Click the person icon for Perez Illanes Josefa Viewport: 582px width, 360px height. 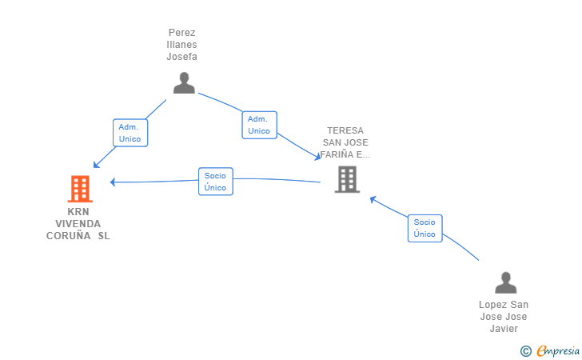pyautogui.click(x=184, y=83)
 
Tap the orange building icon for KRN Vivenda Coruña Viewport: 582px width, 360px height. pyautogui.click(x=80, y=189)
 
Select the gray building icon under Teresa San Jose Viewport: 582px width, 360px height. pyautogui.click(x=347, y=179)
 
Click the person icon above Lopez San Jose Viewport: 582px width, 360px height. pyautogui.click(x=505, y=282)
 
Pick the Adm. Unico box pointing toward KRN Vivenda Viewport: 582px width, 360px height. pyautogui.click(x=130, y=133)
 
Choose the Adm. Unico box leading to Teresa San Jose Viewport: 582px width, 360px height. pyautogui.click(x=260, y=125)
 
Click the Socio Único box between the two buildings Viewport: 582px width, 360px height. pyautogui.click(x=216, y=182)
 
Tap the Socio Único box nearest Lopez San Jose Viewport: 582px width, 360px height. pyautogui.click(x=425, y=228)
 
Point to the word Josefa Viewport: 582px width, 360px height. pyautogui.click(x=182, y=57)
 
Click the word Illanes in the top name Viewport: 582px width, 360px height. pyautogui.click(x=182, y=45)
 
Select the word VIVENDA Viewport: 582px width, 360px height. pyautogui.click(x=78, y=224)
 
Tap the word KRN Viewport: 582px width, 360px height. pyautogui.click(x=78, y=212)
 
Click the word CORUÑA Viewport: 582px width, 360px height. pyautogui.click(x=68, y=235)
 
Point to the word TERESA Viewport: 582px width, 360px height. pyautogui.click(x=345, y=130)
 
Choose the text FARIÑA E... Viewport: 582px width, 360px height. pyautogui.click(x=345, y=154)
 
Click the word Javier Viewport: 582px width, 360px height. pyautogui.click(x=504, y=329)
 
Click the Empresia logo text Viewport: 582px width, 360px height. pyautogui.click(x=558, y=350)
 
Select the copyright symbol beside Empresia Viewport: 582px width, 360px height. pyautogui.click(x=526, y=351)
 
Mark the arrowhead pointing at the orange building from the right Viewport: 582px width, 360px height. pyautogui.click(x=113, y=182)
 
